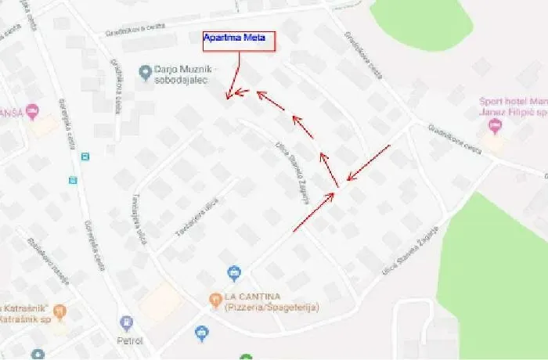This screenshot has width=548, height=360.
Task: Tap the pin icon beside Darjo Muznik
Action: pyautogui.click(x=144, y=72)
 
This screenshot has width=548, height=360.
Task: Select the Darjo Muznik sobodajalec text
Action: pyautogui.click(x=185, y=76)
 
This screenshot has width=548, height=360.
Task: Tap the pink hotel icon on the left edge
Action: pyautogui.click(x=32, y=112)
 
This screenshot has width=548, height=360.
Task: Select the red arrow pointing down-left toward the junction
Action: pyautogui.click(x=368, y=163)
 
